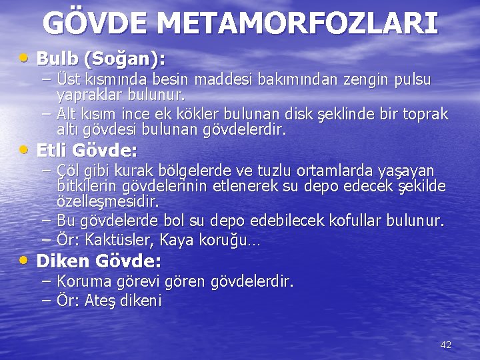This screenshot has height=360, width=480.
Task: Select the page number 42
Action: point(446,345)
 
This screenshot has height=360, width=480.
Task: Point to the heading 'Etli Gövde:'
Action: point(87,149)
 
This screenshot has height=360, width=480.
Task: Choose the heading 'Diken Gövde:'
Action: point(99,261)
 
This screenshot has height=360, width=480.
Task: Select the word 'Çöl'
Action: point(68,172)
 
